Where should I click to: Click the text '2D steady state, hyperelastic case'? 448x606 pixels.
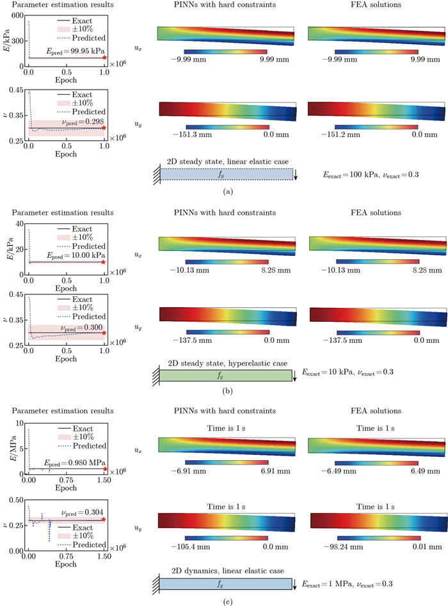(x=225, y=362)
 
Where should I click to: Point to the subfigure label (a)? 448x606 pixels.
(x=225, y=190)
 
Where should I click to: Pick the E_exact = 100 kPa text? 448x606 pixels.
(x=348, y=174)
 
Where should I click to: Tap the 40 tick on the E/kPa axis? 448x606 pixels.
(x=20, y=222)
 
